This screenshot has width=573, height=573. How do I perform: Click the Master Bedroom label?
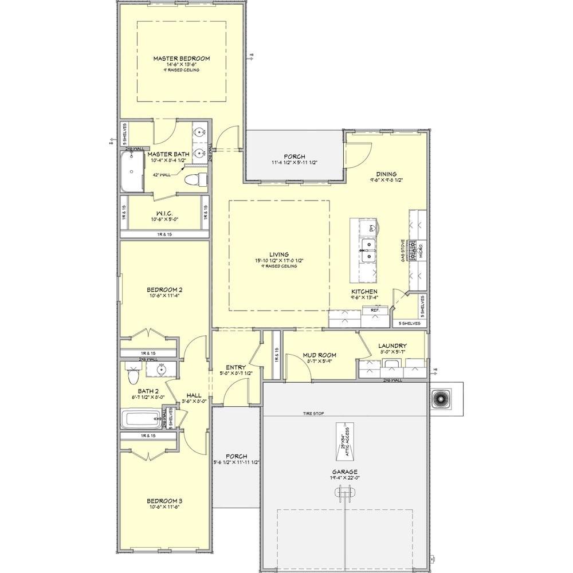pos(181,58)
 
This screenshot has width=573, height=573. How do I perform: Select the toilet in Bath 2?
pos(133,376)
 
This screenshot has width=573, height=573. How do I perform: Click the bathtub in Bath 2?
pos(141,419)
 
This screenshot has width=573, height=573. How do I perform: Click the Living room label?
pos(280,254)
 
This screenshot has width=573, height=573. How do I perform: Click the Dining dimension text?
pos(387,180)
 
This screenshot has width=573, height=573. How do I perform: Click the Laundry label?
pos(393,346)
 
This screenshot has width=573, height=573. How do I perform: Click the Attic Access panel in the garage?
pos(346,441)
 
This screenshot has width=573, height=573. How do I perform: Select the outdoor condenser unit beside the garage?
pos(442,398)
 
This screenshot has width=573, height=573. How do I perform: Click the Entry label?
pos(236,367)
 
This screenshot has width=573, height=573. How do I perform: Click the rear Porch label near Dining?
pos(295,156)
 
